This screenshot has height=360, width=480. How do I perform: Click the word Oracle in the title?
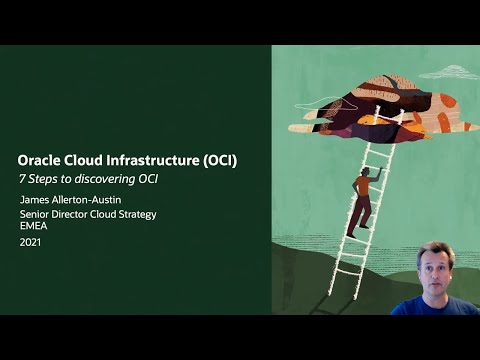point(41,159)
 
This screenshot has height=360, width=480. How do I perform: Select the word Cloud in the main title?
point(89,159)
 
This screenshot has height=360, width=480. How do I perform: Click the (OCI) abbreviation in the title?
point(221,159)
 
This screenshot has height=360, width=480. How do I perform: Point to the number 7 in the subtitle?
point(24,179)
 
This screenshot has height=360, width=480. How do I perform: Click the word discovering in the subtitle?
point(109,179)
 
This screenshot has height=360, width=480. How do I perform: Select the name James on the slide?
point(35,200)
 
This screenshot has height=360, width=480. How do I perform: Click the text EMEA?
point(34,225)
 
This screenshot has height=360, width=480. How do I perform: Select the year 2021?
point(31,242)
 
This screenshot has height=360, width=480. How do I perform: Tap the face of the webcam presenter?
point(435,265)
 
